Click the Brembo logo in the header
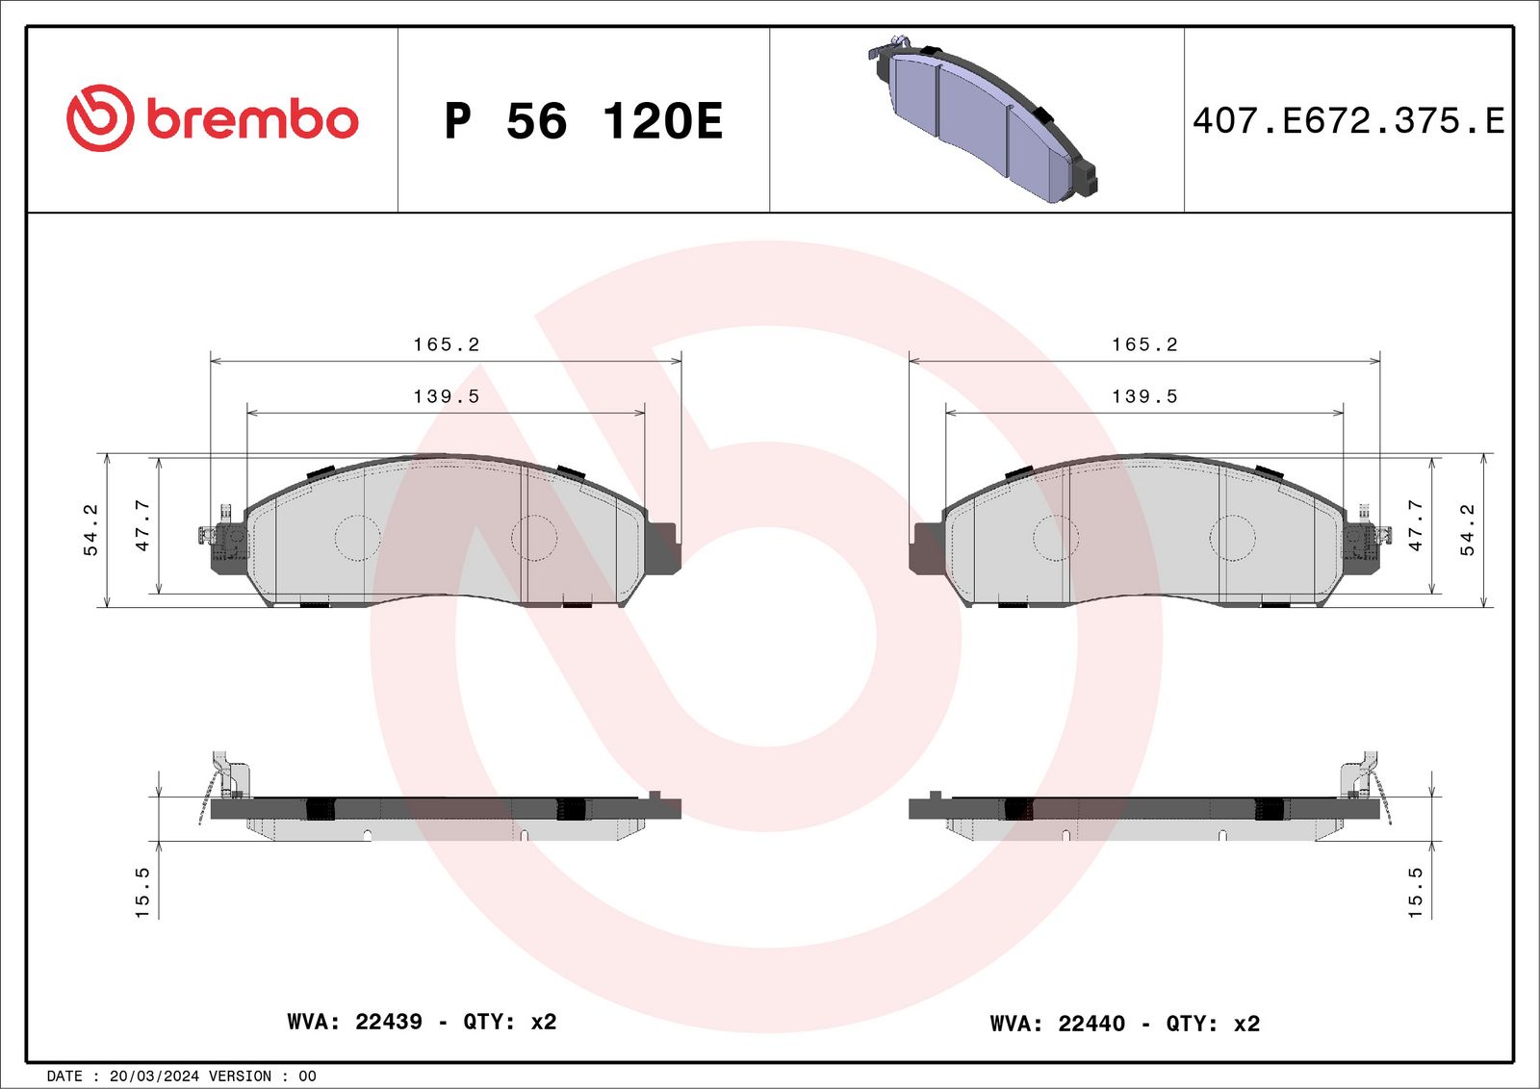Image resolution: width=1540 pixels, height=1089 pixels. (212, 118)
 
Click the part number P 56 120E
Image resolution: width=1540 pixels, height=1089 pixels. (583, 121)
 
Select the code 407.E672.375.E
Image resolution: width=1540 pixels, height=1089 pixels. (1347, 121)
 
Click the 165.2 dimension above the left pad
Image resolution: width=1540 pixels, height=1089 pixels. (446, 344)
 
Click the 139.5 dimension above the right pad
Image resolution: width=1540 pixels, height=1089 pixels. (1144, 396)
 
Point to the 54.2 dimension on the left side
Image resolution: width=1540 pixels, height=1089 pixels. (90, 530)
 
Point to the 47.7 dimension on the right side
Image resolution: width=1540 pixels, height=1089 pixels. (1415, 525)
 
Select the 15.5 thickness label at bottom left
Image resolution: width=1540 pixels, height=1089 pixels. (142, 892)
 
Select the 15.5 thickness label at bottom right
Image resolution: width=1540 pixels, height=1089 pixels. (1415, 892)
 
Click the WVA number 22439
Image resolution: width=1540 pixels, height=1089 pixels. (389, 1022)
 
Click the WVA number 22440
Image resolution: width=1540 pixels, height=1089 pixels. (1091, 1024)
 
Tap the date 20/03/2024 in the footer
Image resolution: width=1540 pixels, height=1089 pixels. (154, 1076)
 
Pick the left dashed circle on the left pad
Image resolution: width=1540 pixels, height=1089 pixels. (357, 538)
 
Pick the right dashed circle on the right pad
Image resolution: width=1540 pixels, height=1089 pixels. (1232, 538)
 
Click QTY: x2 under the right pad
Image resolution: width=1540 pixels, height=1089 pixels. (1213, 1024)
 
